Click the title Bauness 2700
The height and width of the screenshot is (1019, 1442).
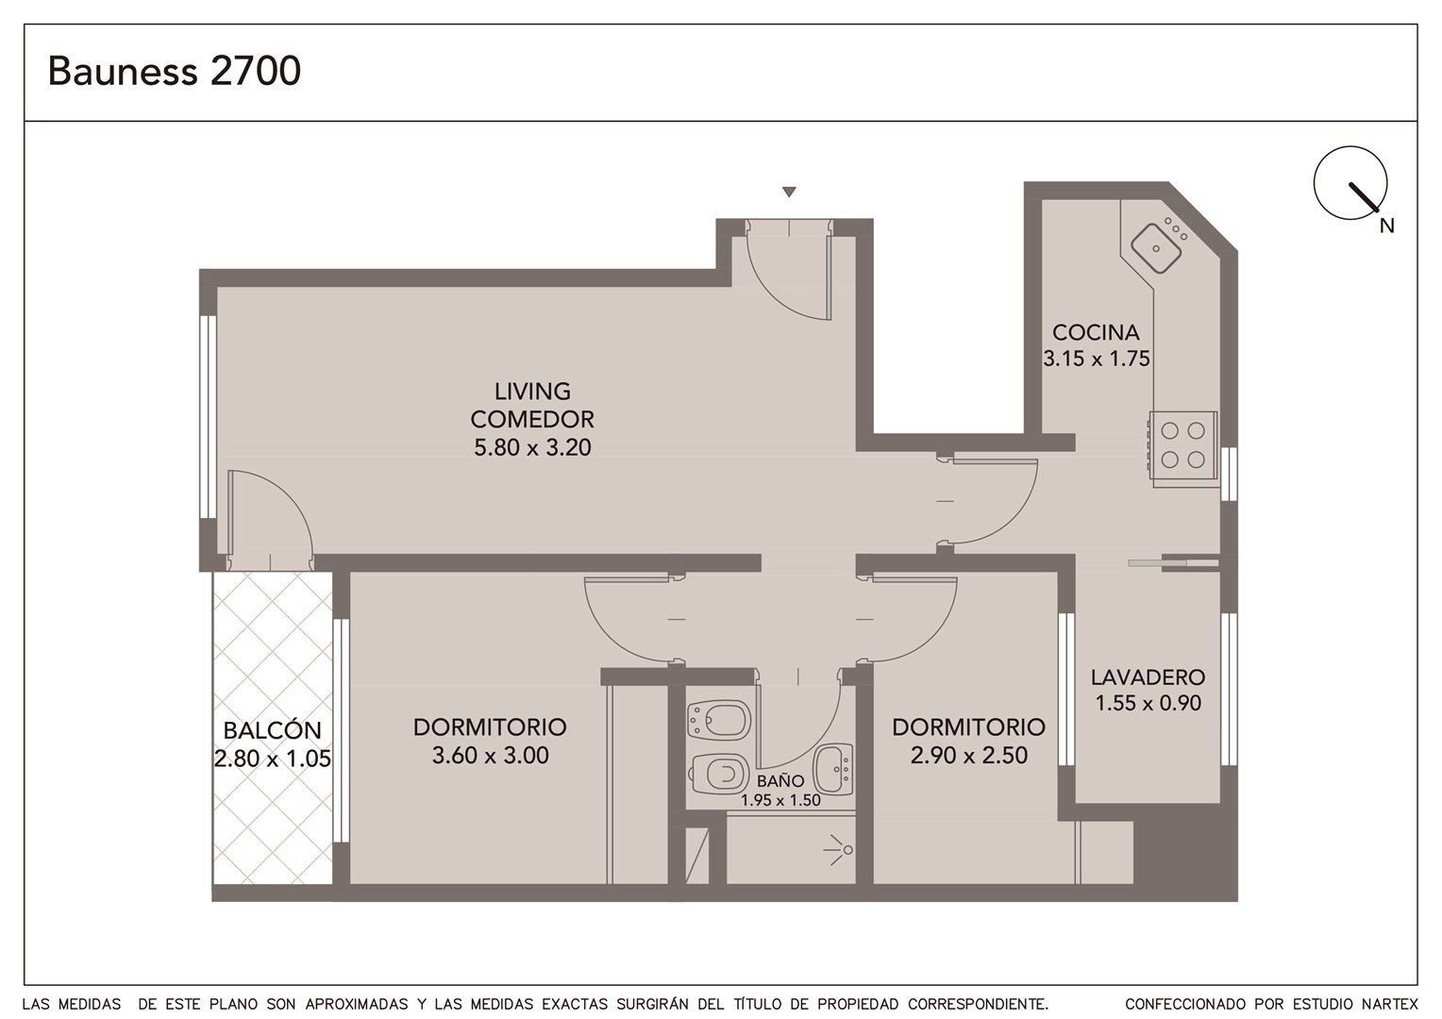click(175, 71)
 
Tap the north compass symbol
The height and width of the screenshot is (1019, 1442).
click(1350, 183)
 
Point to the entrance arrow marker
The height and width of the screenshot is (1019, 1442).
click(789, 192)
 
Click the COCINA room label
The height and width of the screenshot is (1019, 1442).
click(1096, 333)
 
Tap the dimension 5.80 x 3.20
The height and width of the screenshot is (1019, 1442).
click(532, 447)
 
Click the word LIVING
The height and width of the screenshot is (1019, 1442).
click(532, 392)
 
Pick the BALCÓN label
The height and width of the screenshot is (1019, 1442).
click(273, 730)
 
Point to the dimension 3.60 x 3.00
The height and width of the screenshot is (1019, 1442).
click(490, 755)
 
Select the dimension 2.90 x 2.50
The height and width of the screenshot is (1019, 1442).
click(969, 755)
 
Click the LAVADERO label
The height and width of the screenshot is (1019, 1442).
click(1148, 677)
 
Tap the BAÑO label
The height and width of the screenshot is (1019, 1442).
click(780, 781)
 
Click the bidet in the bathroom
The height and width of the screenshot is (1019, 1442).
click(719, 720)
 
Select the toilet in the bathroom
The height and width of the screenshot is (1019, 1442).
click(720, 773)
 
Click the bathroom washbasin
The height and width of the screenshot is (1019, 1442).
click(833, 769)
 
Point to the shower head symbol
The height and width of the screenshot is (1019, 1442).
click(839, 850)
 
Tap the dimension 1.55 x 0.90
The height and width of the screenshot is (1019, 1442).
click(1148, 703)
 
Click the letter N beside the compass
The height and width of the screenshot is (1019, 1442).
click(1386, 226)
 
